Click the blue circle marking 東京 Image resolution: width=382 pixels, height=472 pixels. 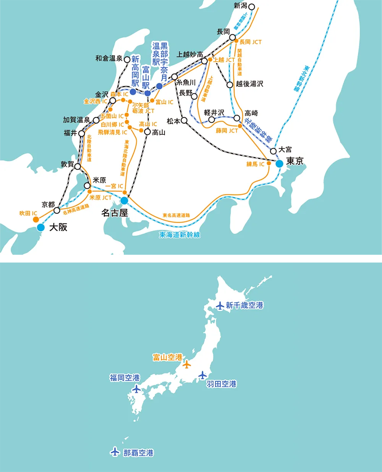[x=280, y=163]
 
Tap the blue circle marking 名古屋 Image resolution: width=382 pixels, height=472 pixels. [x=124, y=200]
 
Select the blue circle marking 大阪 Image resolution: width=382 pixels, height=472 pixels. [x=41, y=228]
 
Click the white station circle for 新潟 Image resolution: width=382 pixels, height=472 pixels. [x=251, y=6]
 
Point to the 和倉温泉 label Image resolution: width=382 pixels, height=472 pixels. [x=109, y=58]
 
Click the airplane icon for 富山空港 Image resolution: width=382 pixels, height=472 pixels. [x=186, y=364]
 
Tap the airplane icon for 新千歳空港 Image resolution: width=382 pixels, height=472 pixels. [x=220, y=306]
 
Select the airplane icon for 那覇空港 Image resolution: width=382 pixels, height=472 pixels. [x=115, y=451]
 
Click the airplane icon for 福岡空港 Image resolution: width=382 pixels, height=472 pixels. [x=136, y=389]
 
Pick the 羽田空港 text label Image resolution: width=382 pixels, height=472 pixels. [x=222, y=384]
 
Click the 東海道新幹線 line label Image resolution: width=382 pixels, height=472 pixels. [x=180, y=235]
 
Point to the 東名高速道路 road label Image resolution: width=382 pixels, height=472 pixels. [x=176, y=215]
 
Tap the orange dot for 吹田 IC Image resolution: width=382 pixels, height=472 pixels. [x=36, y=220]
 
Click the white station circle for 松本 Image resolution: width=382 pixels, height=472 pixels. [x=184, y=120]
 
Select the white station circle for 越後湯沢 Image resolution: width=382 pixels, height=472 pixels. [x=230, y=85]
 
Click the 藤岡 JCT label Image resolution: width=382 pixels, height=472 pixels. [x=227, y=131]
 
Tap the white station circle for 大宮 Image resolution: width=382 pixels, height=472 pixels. [x=273, y=151]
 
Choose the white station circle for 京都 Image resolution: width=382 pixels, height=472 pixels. [x=57, y=210]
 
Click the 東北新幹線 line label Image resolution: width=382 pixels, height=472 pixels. [x=301, y=79]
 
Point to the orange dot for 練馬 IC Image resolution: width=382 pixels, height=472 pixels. [x=269, y=163]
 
